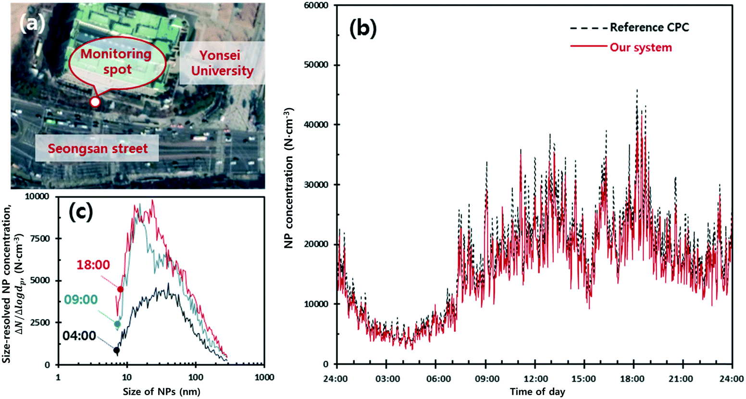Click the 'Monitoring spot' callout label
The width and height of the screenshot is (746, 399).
116,61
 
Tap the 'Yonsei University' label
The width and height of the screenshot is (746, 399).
222,63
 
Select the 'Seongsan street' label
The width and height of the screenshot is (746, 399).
98,148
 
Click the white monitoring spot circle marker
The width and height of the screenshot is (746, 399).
95,102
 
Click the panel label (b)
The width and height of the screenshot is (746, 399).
363,29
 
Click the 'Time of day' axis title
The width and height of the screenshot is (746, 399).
537,392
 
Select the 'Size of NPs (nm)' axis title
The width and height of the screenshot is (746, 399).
162,391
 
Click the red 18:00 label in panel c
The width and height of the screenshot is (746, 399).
93,264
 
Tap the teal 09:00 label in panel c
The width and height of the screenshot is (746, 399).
81,300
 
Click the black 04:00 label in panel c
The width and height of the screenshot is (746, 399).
79,335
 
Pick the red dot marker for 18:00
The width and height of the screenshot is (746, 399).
121,289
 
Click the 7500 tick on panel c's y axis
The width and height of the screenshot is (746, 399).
42,239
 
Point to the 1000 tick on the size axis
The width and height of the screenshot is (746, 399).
264,377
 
